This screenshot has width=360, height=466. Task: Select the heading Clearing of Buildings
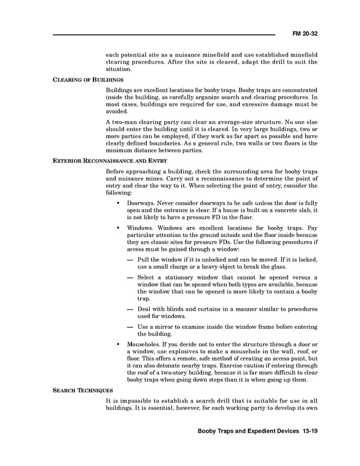click(x=88, y=79)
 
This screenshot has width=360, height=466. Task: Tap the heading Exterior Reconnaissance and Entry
click(x=110, y=161)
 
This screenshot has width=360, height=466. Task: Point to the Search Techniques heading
click(x=83, y=390)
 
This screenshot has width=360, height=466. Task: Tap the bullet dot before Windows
click(x=119, y=228)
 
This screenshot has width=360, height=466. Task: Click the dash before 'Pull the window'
click(x=130, y=259)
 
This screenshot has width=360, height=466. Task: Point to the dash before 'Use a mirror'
click(x=130, y=327)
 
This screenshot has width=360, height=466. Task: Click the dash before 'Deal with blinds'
click(x=130, y=309)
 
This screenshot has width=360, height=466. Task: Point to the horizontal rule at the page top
click(x=164, y=35)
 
